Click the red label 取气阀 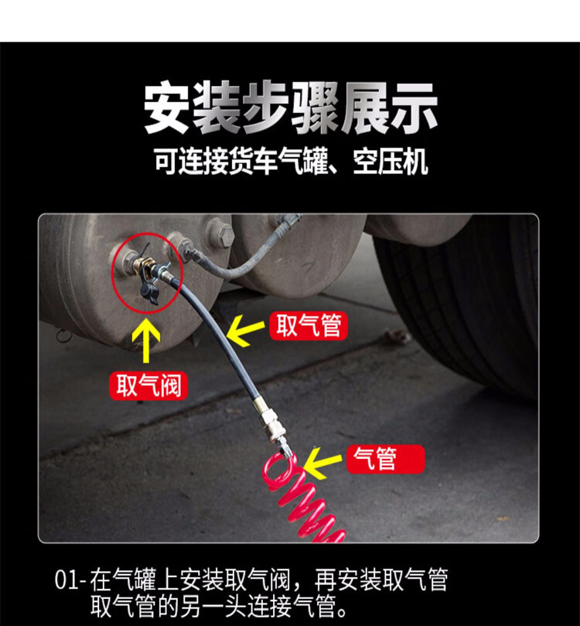[x=148, y=385]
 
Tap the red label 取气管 [x=309, y=326]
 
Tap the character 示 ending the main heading [x=413, y=108]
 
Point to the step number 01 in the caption [x=67, y=580]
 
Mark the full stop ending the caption [x=342, y=607]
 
